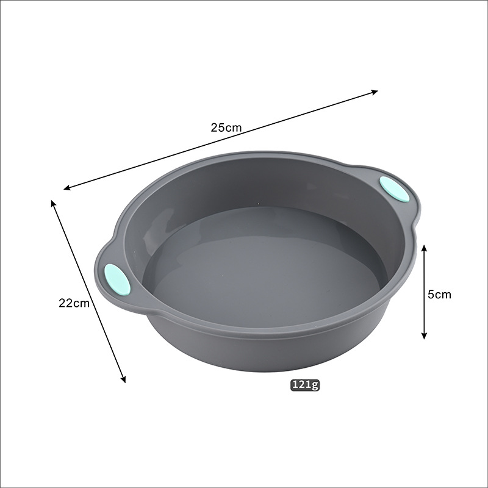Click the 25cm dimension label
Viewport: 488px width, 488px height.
[226, 127]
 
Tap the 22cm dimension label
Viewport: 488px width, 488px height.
[74, 303]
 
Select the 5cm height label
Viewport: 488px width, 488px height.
[439, 294]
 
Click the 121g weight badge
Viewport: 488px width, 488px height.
[305, 385]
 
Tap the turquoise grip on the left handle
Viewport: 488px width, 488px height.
[117, 279]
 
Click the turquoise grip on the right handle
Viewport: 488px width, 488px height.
[394, 189]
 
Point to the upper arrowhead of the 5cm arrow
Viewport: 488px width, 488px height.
[424, 248]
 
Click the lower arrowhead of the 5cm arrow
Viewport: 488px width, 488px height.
[424, 335]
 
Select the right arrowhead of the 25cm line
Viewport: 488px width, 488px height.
[374, 92]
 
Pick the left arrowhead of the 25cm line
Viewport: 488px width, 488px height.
[68, 188]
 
